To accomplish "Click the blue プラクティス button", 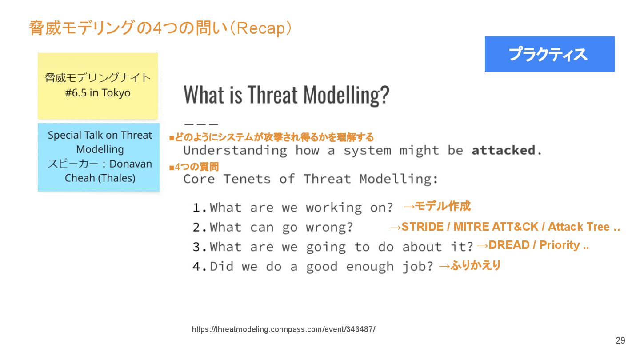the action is [x=550, y=54].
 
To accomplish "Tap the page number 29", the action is [x=620, y=340].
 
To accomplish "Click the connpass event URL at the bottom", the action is [x=284, y=329].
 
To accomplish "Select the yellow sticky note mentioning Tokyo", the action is [x=98, y=86].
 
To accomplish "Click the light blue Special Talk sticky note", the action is [x=99, y=157].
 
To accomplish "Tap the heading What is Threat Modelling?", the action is [x=286, y=95].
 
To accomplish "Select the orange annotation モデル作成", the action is [x=443, y=206].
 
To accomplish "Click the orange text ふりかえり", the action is [x=476, y=265].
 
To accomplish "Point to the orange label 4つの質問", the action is [x=197, y=167].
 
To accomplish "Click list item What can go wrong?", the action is [x=273, y=228].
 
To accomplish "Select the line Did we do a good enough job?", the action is [x=313, y=267].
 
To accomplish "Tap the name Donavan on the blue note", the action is [x=131, y=164].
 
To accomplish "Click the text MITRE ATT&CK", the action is [x=496, y=227].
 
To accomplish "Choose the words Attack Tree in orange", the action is [x=579, y=227].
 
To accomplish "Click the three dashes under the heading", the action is [x=201, y=124].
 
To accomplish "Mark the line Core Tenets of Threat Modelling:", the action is [x=311, y=179].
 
